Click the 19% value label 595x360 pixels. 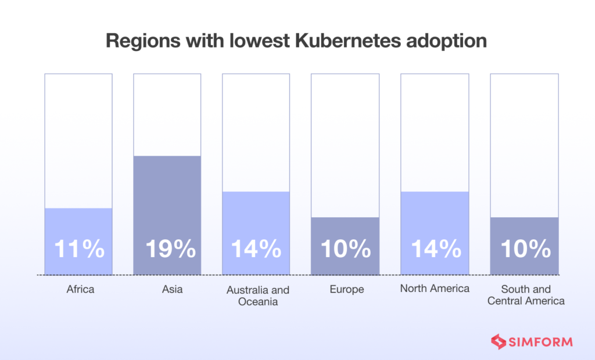pyautogui.click(x=170, y=249)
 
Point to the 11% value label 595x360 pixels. pyautogui.click(x=79, y=249)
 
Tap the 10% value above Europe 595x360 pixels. pyautogui.click(x=346, y=249)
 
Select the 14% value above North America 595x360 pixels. pyautogui.click(x=435, y=249)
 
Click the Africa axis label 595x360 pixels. pyautogui.click(x=80, y=289)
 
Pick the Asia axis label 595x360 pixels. pyautogui.click(x=170, y=289)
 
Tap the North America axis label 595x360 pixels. pyautogui.click(x=435, y=289)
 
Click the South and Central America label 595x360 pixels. pyautogui.click(x=526, y=295)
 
